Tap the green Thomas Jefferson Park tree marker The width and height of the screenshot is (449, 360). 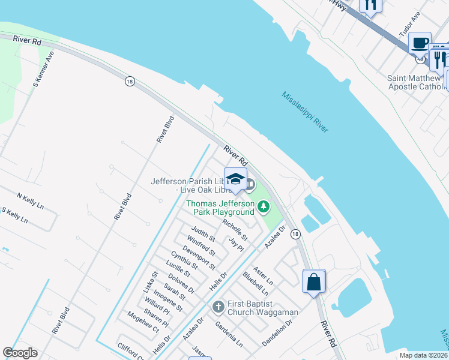tap(263, 208)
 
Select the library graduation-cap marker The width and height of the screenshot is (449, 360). tap(235, 179)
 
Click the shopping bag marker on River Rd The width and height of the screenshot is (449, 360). tap(314, 281)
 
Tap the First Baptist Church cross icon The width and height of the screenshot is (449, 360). tap(218, 307)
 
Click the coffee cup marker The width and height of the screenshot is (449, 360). tap(420, 43)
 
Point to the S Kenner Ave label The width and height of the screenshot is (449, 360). tap(43, 70)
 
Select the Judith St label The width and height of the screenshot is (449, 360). tap(203, 235)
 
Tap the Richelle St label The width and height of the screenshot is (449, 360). tap(235, 229)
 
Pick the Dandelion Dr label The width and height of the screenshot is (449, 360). tap(277, 332)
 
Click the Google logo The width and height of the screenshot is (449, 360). tap(20, 353)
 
